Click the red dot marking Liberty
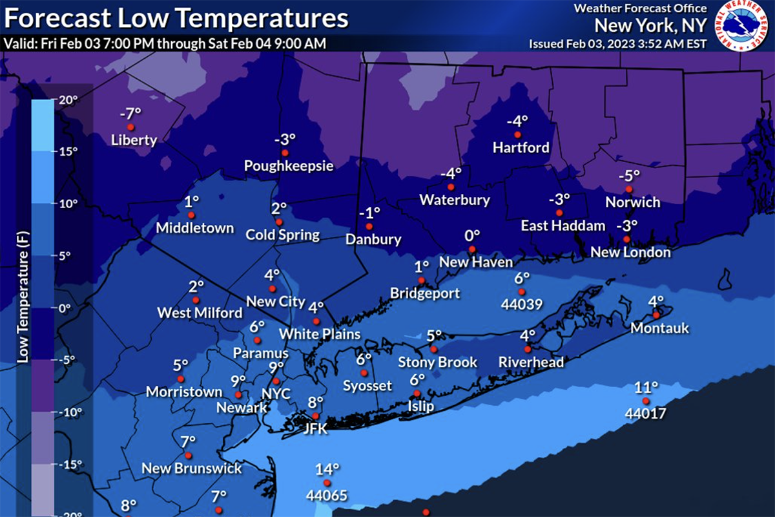pyautogui.click(x=130, y=127)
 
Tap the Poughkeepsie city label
pyautogui.click(x=289, y=166)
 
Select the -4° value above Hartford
pyautogui.click(x=517, y=121)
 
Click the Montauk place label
pyautogui.click(x=659, y=328)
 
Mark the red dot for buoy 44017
pyautogui.click(x=645, y=401)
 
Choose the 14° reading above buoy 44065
pyautogui.click(x=327, y=469)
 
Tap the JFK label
pyautogui.click(x=315, y=428)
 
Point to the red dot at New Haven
pyautogui.click(x=472, y=249)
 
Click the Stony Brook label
pyautogui.click(x=437, y=362)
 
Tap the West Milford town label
pyautogui.click(x=200, y=313)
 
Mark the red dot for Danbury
pyautogui.click(x=369, y=226)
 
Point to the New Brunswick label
pyautogui.click(x=192, y=468)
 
